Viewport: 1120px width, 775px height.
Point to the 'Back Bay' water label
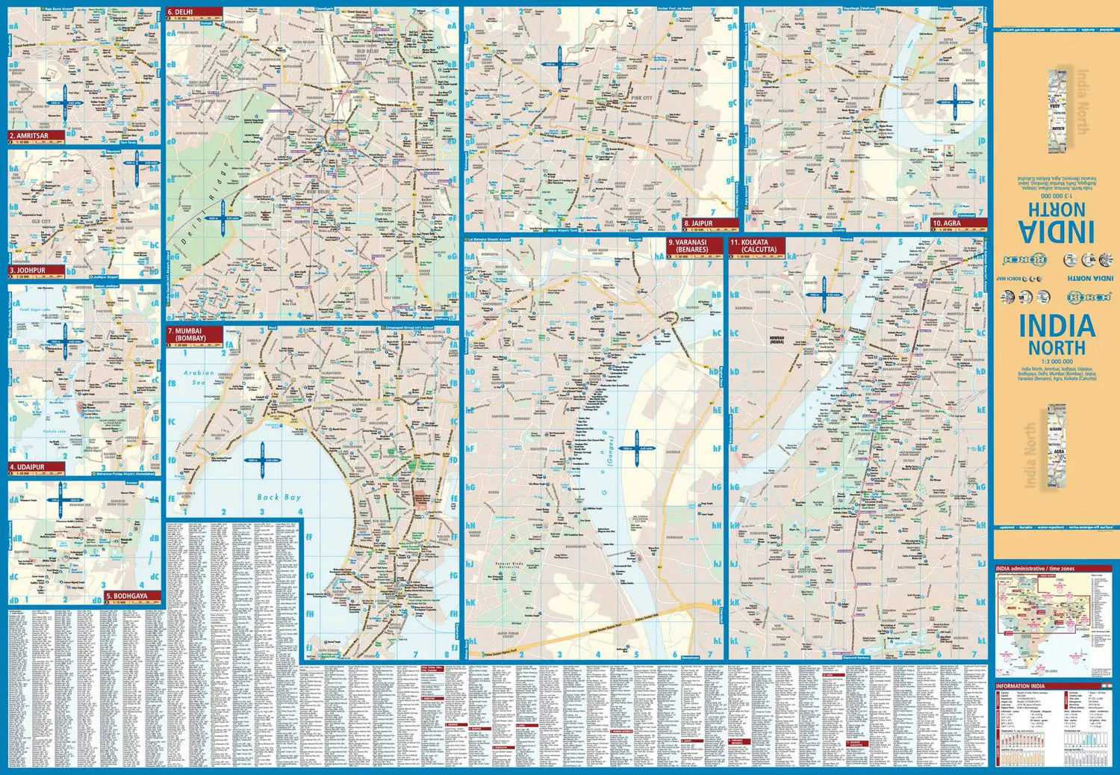[279, 496]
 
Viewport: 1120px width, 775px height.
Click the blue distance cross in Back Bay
[263, 460]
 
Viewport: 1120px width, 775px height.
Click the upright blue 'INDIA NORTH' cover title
[1057, 335]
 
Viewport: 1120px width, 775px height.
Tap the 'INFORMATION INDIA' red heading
[1021, 686]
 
